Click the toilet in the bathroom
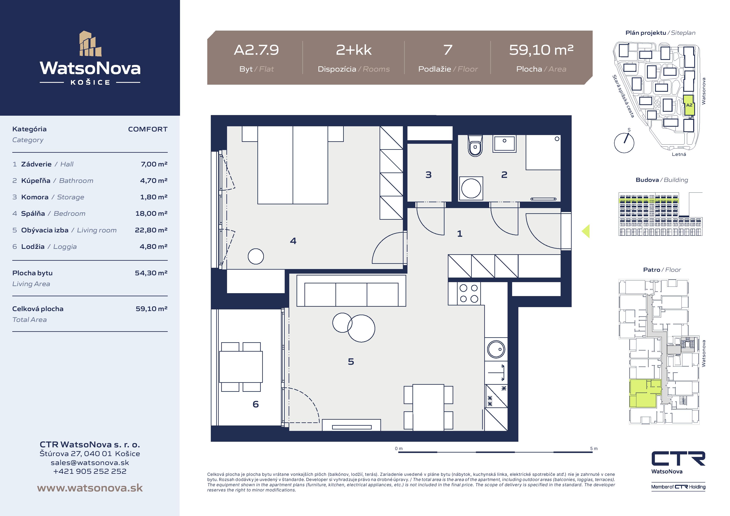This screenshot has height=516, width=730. pyautogui.click(x=475, y=146)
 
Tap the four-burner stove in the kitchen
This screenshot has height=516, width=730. pyautogui.click(x=469, y=293)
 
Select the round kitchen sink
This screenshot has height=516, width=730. pyautogui.click(x=496, y=349)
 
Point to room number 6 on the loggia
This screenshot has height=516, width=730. pyautogui.click(x=255, y=404)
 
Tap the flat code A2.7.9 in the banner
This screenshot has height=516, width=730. pyautogui.click(x=256, y=50)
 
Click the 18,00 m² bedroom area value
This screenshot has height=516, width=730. pyautogui.click(x=151, y=213)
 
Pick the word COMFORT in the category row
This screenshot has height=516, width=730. pyautogui.click(x=148, y=129)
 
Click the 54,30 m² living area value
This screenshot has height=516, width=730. pyautogui.click(x=151, y=273)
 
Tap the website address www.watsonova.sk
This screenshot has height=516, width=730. pyautogui.click(x=90, y=488)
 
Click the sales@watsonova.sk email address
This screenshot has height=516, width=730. pyautogui.click(x=90, y=463)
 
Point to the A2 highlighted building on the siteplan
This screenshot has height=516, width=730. pyautogui.click(x=689, y=105)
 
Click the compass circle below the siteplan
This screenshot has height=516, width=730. pyautogui.click(x=624, y=143)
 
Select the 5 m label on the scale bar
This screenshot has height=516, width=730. pyautogui.click(x=594, y=448)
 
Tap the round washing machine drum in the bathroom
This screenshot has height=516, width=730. pyautogui.click(x=471, y=188)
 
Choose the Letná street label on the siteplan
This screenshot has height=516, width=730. pyautogui.click(x=679, y=154)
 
